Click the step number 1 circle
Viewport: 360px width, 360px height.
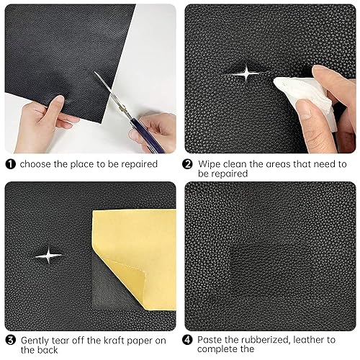(10, 164)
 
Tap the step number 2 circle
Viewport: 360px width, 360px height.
(189, 164)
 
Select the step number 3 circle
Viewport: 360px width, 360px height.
(10, 338)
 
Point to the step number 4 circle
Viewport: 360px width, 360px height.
(189, 338)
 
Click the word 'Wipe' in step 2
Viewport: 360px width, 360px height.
(210, 164)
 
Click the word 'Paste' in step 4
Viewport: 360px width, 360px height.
(212, 338)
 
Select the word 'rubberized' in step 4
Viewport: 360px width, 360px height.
(270, 338)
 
